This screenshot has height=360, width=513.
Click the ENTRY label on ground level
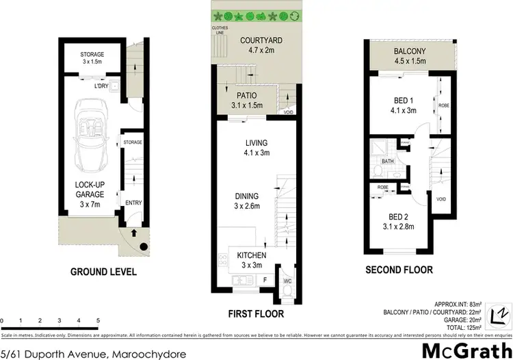click(133, 203)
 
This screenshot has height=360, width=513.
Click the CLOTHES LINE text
click(221, 30)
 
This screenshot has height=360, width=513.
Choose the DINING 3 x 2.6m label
click(248, 200)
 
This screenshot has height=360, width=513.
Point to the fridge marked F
click(264, 281)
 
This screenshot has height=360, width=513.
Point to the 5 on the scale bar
click(98, 320)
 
